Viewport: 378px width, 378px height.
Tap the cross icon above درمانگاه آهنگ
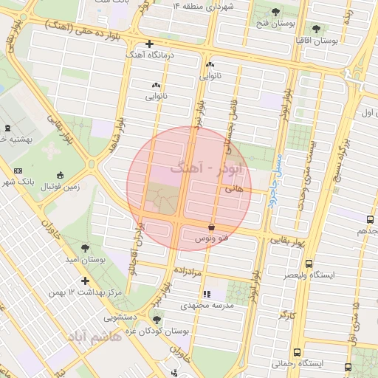click(x=150, y=44)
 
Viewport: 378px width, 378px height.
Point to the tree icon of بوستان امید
click(x=87, y=248)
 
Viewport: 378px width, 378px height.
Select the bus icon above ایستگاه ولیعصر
click(x=309, y=263)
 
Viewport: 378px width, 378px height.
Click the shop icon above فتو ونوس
click(x=213, y=227)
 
